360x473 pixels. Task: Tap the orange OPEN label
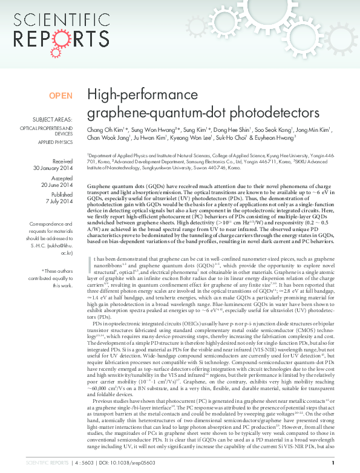(61, 96)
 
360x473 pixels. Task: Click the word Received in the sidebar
(62, 161)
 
